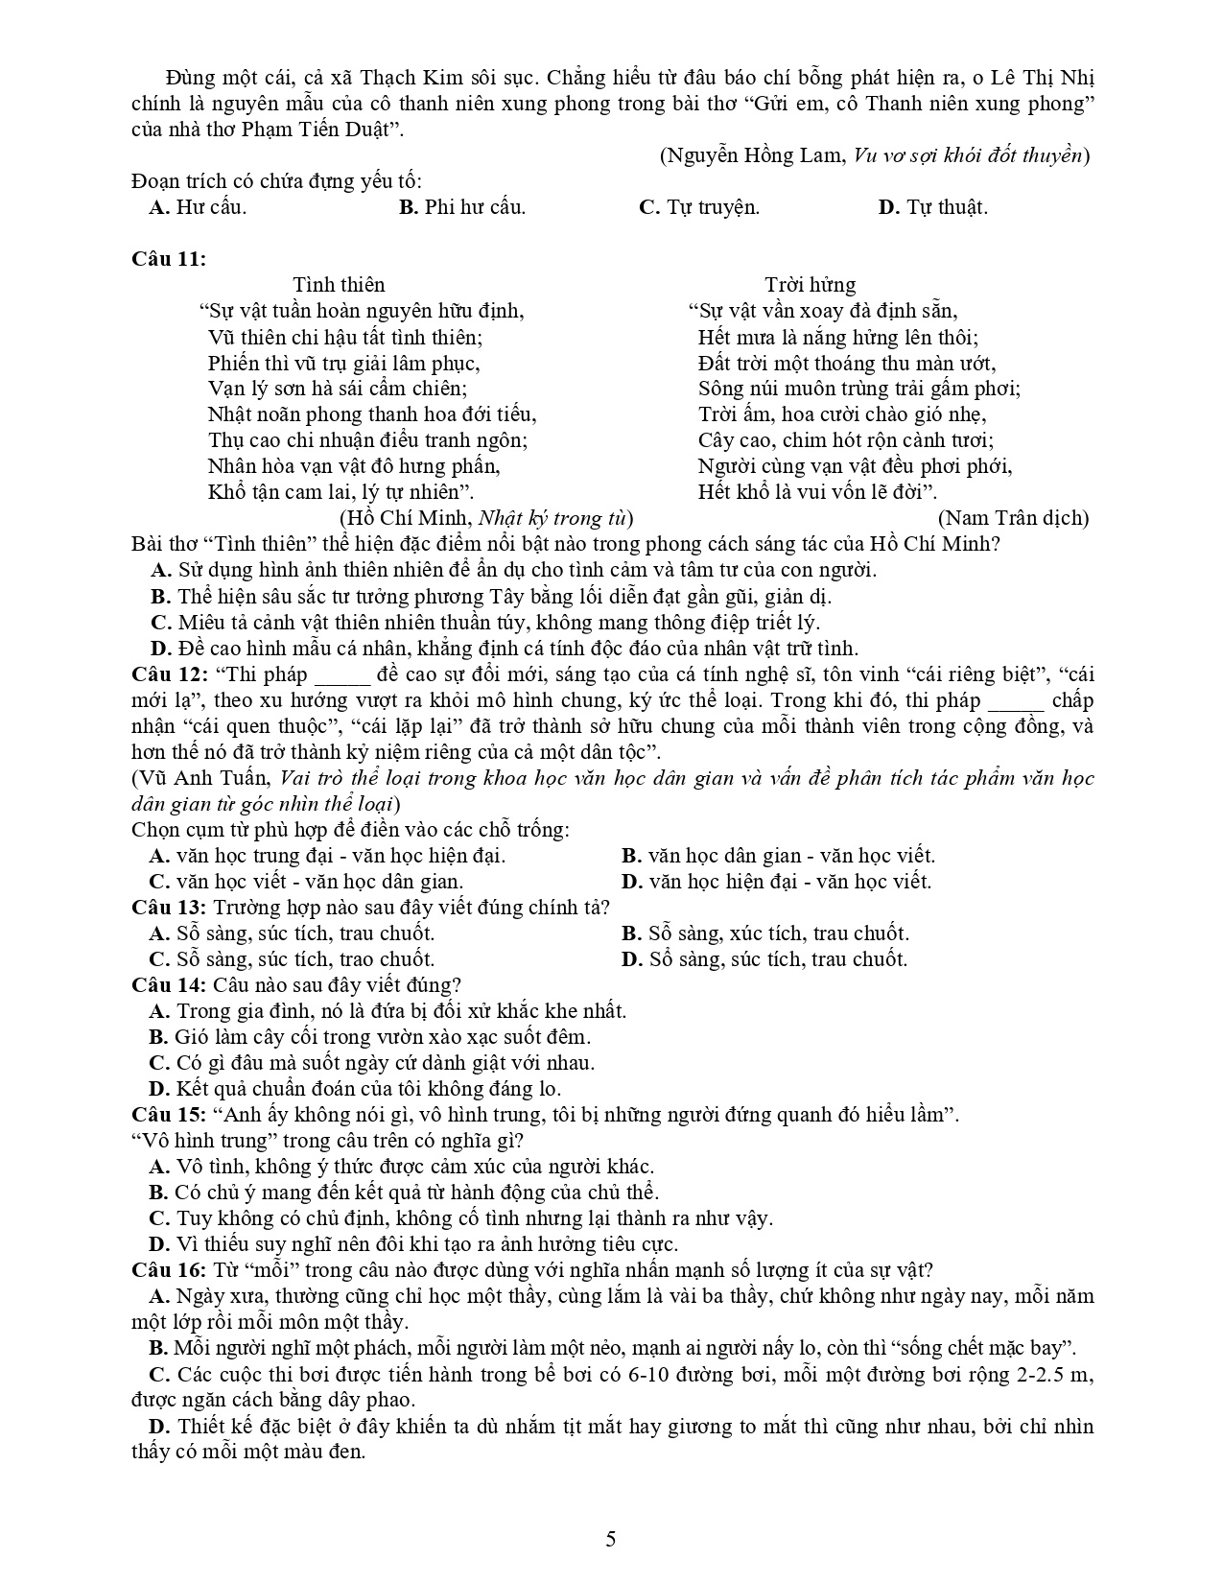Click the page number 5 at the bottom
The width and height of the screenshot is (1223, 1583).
pos(611,1540)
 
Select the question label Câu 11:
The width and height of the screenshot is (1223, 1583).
pos(169,259)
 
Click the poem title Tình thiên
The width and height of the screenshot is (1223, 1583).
pos(339,285)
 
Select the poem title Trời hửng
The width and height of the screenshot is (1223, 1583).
pos(810,285)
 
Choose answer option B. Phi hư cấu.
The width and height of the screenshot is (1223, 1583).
pos(462,207)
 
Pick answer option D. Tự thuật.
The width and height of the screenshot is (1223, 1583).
pos(932,207)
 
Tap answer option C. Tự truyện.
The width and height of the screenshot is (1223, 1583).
pos(699,207)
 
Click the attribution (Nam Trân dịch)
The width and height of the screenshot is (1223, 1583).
pos(1014,518)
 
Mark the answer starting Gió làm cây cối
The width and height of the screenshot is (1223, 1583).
pos(381,1036)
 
